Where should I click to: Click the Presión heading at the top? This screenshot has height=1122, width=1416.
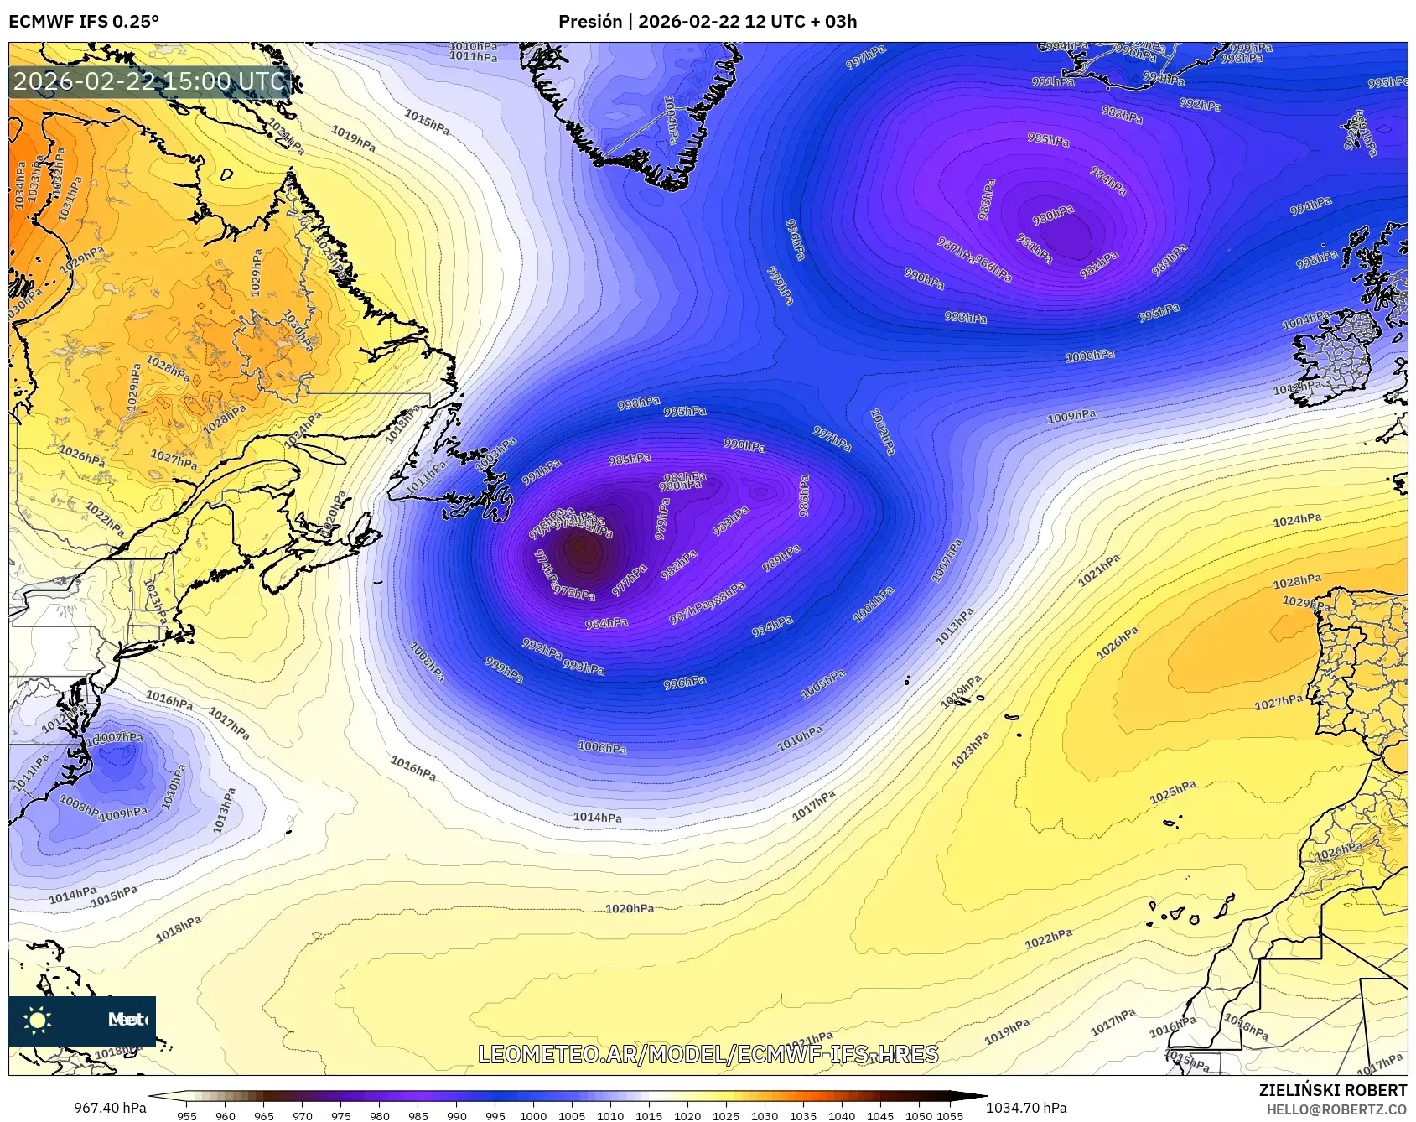708,22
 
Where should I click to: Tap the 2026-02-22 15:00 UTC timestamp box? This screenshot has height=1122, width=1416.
149,81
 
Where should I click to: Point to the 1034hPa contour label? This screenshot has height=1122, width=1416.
20,185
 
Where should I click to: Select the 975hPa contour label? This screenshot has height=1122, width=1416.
574,593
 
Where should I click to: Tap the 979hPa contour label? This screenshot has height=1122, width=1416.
662,519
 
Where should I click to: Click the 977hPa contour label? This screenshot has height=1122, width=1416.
629,580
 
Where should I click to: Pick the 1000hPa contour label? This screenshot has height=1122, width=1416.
1090,356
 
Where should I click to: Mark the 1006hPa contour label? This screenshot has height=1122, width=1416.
602,747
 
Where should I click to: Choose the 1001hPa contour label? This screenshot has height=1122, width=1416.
874,605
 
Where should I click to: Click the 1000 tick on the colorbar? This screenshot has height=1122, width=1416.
533,1115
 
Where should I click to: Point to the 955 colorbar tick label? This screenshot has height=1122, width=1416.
187,1115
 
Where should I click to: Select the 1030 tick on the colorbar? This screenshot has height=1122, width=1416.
765,1115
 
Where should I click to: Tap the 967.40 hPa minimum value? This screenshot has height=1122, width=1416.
110,1108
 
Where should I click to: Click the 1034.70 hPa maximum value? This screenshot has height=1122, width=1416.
1026,1108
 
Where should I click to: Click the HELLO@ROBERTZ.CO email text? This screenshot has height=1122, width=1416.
1336,1109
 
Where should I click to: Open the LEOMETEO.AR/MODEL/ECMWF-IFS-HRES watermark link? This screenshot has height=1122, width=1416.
708,1054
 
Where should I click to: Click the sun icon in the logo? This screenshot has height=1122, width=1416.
37,1021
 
